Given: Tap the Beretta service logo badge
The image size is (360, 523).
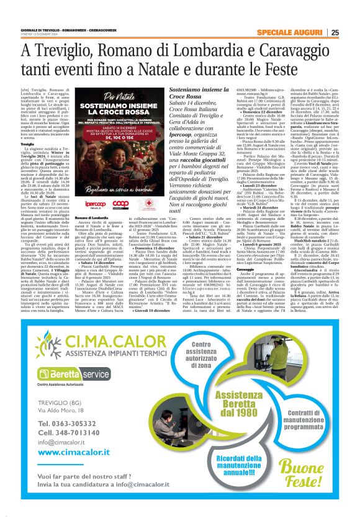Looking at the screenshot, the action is pos(61,376).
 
